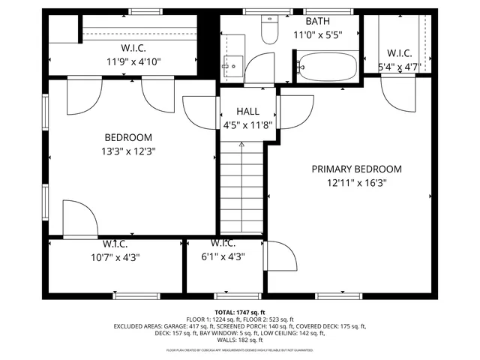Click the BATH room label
pos(317,21)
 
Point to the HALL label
pos(247,112)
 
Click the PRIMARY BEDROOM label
pos(356,169)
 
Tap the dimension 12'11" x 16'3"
pos(356,182)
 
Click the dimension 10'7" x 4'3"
pos(115,257)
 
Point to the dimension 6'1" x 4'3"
pos(223,257)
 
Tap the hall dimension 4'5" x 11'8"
pos(248,125)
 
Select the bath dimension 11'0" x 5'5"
pos(317,34)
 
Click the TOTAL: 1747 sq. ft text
pos(240,312)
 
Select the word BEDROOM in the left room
pos(127,138)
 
